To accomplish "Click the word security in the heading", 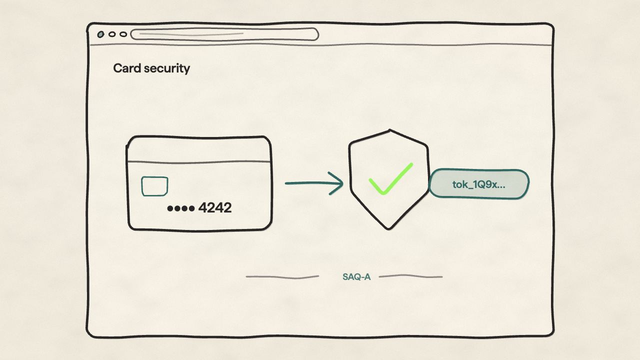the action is [x=167, y=69].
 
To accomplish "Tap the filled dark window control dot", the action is [x=100, y=34].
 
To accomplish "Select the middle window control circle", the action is [x=112, y=34].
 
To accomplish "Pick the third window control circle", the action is [x=123, y=34].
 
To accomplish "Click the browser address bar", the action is [x=224, y=34].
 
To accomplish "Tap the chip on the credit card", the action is [x=154, y=186].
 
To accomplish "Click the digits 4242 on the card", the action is [x=215, y=207].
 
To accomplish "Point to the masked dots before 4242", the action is [x=181, y=208].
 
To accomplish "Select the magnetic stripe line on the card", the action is [x=199, y=162].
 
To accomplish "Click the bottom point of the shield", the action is [x=388, y=229].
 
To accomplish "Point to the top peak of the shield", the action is [x=389, y=130].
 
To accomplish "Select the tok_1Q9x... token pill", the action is [x=479, y=184].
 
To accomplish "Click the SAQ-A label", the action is [x=356, y=277].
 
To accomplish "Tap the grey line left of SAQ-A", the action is [x=282, y=277].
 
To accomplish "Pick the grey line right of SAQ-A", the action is [x=411, y=276].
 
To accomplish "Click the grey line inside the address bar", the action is [x=191, y=34].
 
